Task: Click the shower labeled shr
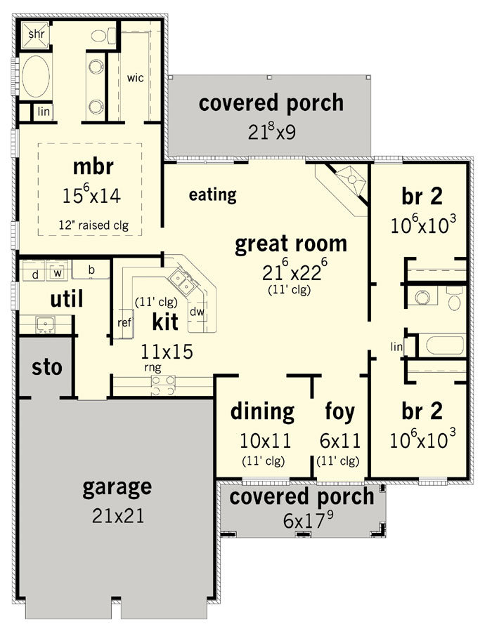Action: pos(35,35)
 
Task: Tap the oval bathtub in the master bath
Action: pos(35,77)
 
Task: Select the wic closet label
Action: pos(136,77)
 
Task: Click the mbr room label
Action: pos(93,166)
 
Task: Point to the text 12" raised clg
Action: pos(93,225)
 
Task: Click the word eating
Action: pos(212,195)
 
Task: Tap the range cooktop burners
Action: pos(163,385)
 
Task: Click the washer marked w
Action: pos(58,271)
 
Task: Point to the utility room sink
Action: pos(46,324)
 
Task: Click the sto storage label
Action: pos(47,367)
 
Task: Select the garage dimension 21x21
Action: pos(117,516)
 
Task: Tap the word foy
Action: pos(339,412)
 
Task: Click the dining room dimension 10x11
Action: pos(265,441)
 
